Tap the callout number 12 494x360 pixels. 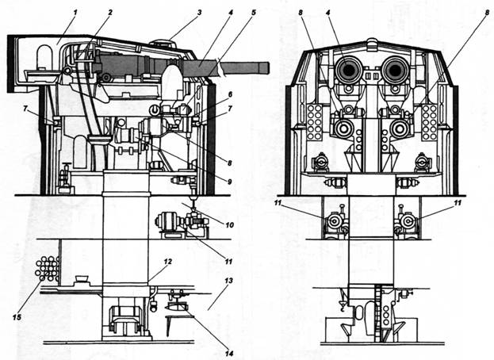click(x=167, y=262)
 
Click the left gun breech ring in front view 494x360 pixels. click(x=347, y=71)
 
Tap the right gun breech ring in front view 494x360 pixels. click(x=394, y=71)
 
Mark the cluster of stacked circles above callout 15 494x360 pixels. click(x=46, y=268)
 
